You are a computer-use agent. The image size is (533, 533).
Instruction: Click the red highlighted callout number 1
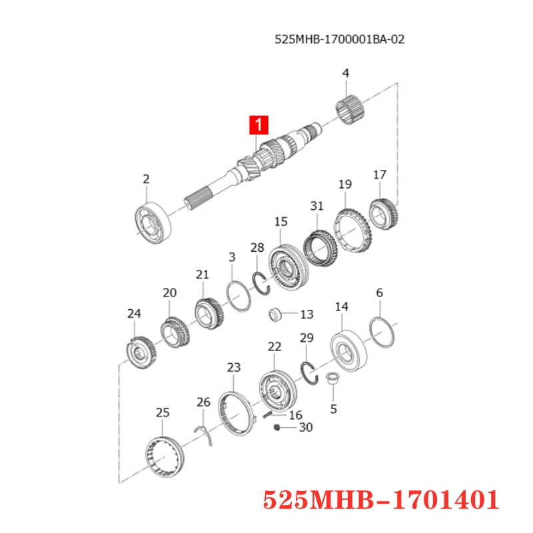tap(259, 125)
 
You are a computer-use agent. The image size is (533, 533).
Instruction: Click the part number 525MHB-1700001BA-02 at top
tap(339, 39)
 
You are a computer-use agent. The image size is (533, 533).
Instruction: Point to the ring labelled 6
tap(382, 331)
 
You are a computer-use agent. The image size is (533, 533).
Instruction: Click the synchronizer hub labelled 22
tap(276, 392)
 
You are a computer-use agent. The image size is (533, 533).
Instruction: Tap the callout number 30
tap(305, 428)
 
